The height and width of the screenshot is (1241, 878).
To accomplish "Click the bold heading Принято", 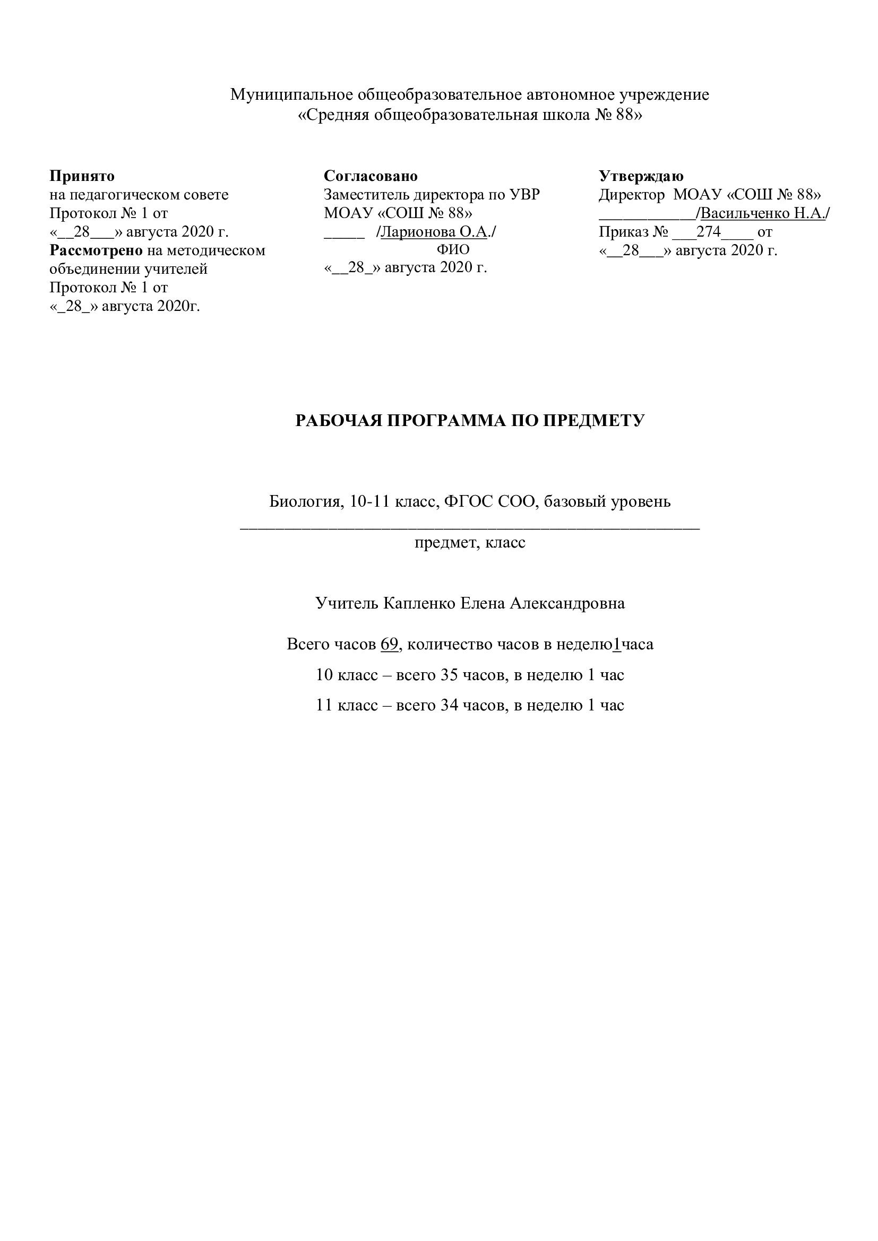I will pyautogui.click(x=82, y=176).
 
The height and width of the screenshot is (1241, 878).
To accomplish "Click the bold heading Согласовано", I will pyautogui.click(x=371, y=176).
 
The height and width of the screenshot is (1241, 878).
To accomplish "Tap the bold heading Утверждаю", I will pyautogui.click(x=641, y=176).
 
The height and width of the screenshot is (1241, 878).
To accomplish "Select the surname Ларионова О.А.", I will pyautogui.click(x=434, y=232).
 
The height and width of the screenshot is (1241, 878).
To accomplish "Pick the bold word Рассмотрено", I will pyautogui.click(x=96, y=251).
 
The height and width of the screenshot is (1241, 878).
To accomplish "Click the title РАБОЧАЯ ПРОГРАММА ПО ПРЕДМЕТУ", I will pyautogui.click(x=470, y=421).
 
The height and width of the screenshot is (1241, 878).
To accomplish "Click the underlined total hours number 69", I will pyautogui.click(x=389, y=644).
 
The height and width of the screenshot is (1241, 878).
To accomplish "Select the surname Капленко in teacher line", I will pyautogui.click(x=419, y=603).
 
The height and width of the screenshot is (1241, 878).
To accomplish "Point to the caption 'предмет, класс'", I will pyautogui.click(x=470, y=542).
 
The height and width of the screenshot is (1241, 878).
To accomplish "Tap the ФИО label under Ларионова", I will pyautogui.click(x=453, y=250).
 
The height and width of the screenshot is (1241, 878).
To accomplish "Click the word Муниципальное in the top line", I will pyautogui.click(x=291, y=94).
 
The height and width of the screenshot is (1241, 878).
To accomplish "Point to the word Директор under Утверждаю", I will pyautogui.click(x=631, y=195).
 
